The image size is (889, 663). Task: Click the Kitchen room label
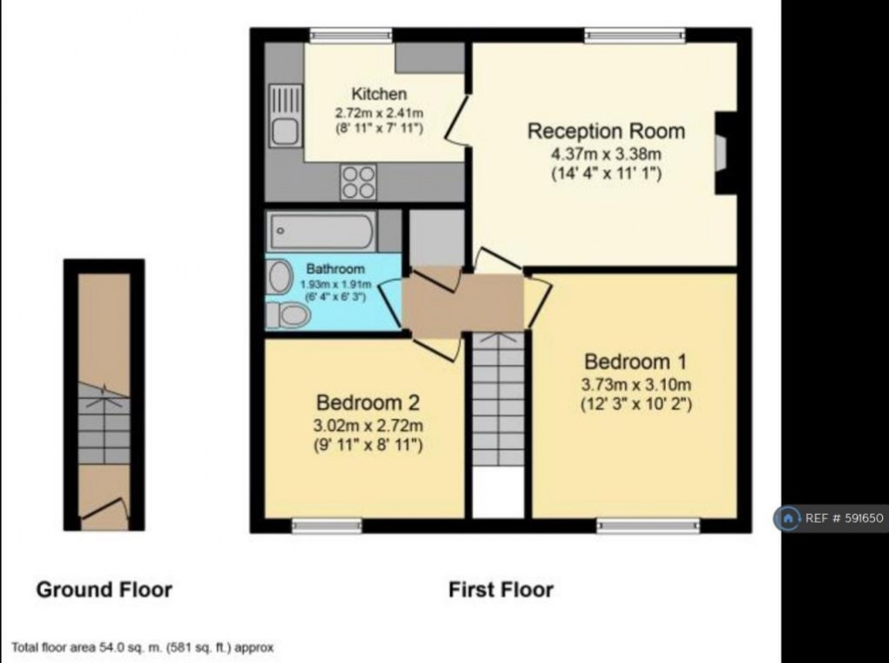click(x=378, y=94)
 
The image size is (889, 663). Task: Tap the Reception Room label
click(x=606, y=132)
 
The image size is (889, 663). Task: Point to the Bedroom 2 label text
click(x=368, y=403)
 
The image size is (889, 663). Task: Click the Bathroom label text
click(x=336, y=269)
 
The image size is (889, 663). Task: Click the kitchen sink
click(x=284, y=116)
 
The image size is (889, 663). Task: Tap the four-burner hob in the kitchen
click(x=358, y=182)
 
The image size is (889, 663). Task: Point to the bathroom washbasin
click(x=280, y=278)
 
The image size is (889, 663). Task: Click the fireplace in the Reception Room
click(x=722, y=152)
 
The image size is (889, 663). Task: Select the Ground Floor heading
click(x=104, y=590)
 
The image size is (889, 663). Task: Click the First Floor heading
click(x=500, y=590)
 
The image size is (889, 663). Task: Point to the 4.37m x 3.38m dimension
click(x=606, y=154)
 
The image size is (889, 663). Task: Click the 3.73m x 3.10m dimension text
click(x=635, y=384)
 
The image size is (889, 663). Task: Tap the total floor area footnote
click(x=143, y=647)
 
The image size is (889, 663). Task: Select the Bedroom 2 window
click(x=326, y=524)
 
